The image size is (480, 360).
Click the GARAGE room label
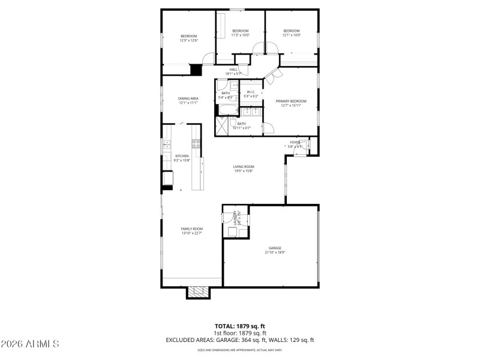pyautogui.click(x=275, y=247)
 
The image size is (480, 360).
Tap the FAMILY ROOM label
pyautogui.click(x=192, y=229)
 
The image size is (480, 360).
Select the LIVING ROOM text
pyautogui.click(x=244, y=166)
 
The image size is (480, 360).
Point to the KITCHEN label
pyautogui.click(x=182, y=156)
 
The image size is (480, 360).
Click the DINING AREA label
pyautogui.click(x=188, y=98)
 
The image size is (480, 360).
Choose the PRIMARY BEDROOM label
pyautogui.click(x=291, y=101)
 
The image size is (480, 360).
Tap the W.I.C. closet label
pyautogui.click(x=251, y=92)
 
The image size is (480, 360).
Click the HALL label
pyautogui.click(x=233, y=70)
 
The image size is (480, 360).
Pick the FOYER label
pyautogui.click(x=295, y=142)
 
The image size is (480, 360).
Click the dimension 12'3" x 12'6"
pyautogui.click(x=188, y=40)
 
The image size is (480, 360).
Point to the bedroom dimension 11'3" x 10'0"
pyautogui.click(x=240, y=35)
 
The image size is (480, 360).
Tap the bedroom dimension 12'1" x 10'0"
pyautogui.click(x=291, y=35)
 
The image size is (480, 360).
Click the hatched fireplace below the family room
pyautogui.click(x=198, y=292)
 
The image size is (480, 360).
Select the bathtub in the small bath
pyautogui.click(x=227, y=110)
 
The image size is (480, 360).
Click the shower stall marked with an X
pyautogui.click(x=221, y=125)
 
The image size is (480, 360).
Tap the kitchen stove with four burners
pyautogui.click(x=196, y=143)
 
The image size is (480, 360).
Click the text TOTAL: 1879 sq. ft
pyautogui.click(x=240, y=326)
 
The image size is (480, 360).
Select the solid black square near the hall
pyautogui.click(x=196, y=70)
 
